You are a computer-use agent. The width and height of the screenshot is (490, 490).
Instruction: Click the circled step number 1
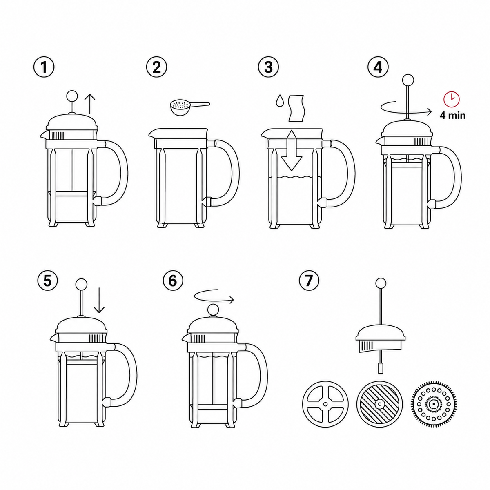tap(44, 67)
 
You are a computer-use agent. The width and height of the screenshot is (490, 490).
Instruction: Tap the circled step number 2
tap(157, 67)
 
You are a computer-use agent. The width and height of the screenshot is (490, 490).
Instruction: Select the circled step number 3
tap(269, 67)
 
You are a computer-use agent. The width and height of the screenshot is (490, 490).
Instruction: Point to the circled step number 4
tap(378, 67)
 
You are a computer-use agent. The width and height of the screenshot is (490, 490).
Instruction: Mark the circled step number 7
tap(309, 281)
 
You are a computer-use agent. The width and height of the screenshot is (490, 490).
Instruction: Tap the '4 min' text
tap(452, 115)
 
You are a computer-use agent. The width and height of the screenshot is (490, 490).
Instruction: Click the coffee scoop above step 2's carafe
tap(189, 107)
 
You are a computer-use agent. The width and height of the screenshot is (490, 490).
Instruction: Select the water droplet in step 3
tap(280, 101)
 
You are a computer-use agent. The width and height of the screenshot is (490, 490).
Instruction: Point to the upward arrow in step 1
tap(90, 103)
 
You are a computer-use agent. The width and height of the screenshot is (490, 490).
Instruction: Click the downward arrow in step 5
tap(99, 300)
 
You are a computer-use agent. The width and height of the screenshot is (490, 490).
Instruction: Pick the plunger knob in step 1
tap(71, 96)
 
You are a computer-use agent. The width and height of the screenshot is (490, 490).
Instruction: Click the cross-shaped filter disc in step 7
tap(325, 404)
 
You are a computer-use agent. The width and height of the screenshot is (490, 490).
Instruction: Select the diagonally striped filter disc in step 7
tap(380, 404)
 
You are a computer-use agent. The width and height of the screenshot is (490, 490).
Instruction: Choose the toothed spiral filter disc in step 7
tap(432, 404)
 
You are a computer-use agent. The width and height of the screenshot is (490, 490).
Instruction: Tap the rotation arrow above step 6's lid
tap(214, 296)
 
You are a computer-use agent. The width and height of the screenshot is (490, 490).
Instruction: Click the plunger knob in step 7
tap(381, 283)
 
